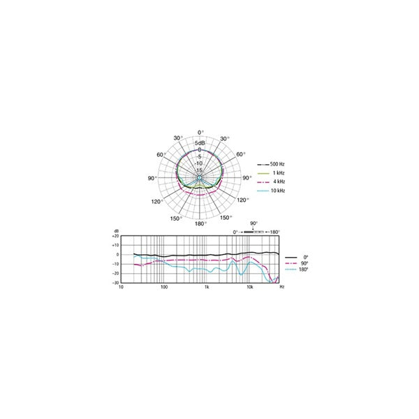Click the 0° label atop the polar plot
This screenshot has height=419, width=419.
pos(200,133)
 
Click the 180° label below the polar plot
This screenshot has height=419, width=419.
pos(200,223)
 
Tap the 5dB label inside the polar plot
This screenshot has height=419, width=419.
pos(200,143)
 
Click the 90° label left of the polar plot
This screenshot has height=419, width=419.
pos(152,178)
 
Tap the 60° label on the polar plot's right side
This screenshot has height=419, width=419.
pos(240,155)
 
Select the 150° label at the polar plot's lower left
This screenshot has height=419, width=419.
pos(177,218)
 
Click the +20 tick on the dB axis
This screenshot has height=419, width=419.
pos(116,237)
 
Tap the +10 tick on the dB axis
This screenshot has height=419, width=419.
pos(116,246)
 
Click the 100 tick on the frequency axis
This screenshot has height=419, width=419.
pos(163,288)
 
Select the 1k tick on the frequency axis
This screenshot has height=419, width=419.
pos(206,288)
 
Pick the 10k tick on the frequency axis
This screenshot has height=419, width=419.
pos(249,288)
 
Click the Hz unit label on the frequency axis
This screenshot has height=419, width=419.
pos(281,288)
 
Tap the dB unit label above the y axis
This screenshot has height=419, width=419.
pos(116,230)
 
